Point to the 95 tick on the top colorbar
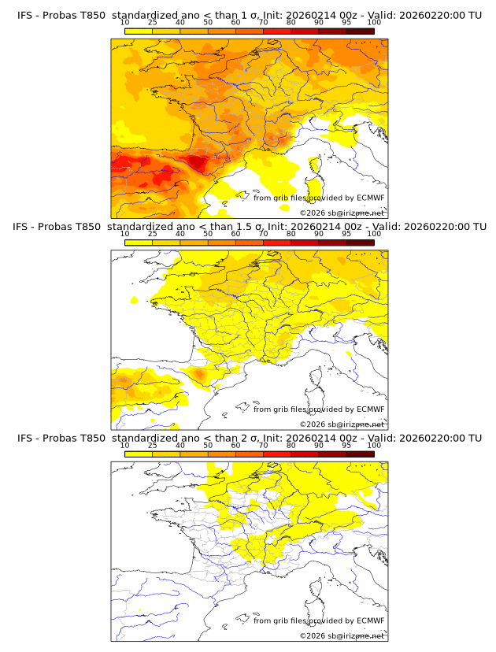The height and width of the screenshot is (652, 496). (346, 22)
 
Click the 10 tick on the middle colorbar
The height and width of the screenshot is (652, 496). (125, 234)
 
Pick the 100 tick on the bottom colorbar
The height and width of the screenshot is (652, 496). (374, 445)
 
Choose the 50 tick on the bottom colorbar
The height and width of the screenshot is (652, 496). (208, 445)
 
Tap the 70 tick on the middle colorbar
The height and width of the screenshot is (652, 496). (263, 234)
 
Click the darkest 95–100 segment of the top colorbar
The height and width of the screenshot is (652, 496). (360, 31)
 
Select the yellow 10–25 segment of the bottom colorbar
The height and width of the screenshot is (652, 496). (139, 454)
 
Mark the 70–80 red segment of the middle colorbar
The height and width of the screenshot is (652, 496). (277, 243)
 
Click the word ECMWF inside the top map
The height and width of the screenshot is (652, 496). (370, 198)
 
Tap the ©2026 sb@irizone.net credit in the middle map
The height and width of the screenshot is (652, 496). (342, 424)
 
